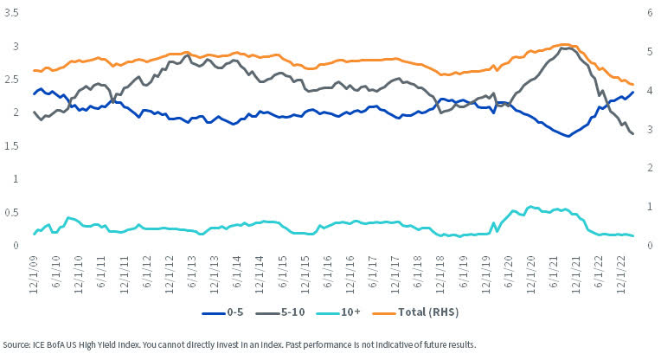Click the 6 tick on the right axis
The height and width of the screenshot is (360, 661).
point(648,13)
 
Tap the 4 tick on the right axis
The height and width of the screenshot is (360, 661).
point(648,91)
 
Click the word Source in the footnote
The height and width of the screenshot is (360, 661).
point(17,344)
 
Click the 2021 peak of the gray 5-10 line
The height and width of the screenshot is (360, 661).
point(563,48)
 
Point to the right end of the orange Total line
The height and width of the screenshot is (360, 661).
point(633,84)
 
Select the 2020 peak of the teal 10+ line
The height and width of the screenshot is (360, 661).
point(529,207)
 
